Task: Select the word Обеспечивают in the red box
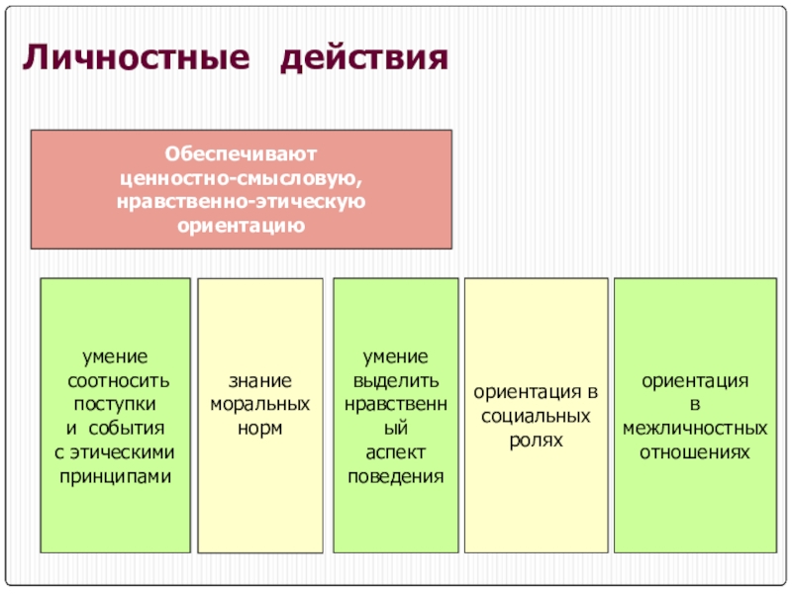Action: (241, 154)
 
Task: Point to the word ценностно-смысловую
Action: (241, 178)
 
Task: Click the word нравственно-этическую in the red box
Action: (241, 202)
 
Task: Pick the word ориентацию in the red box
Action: (241, 226)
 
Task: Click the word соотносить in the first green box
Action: (117, 381)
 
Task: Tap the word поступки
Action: (116, 405)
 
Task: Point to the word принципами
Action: (116, 476)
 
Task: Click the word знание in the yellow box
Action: (260, 381)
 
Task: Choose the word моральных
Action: (260, 405)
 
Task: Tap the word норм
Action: (260, 429)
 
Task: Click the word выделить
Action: (395, 381)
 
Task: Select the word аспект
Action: (395, 452)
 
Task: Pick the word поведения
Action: (395, 476)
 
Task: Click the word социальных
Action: (536, 416)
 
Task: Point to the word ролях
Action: (536, 440)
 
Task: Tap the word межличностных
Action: (694, 429)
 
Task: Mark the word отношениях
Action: (694, 452)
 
